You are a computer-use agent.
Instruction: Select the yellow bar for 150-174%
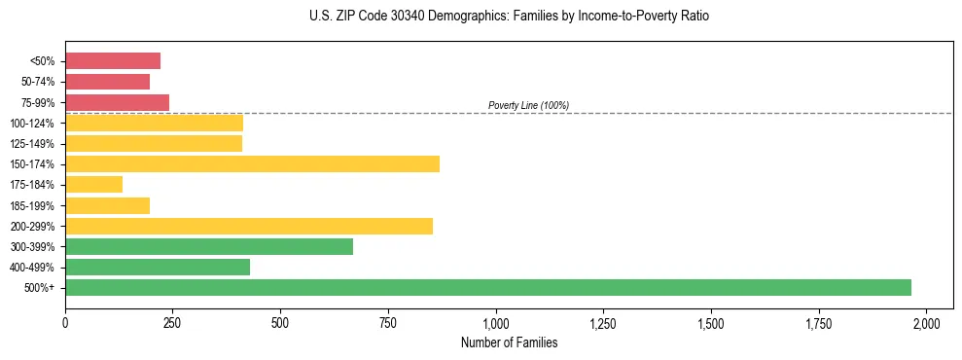tap(252, 163)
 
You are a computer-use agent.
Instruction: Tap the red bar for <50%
tap(113, 61)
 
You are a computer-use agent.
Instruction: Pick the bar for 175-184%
tap(93, 184)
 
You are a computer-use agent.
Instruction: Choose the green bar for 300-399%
tap(209, 246)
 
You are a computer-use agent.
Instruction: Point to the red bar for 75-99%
tap(117, 102)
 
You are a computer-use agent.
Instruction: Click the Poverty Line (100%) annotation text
tap(528, 105)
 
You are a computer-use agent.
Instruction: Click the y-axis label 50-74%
tap(38, 82)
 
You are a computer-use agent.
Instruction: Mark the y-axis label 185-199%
tap(33, 205)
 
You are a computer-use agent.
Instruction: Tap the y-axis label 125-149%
tap(33, 144)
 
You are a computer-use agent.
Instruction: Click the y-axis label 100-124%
tap(33, 124)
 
